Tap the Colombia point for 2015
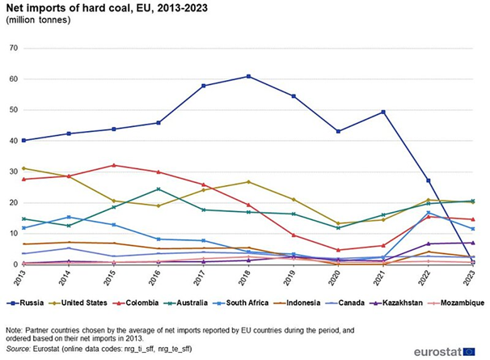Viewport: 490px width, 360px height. tap(113, 165)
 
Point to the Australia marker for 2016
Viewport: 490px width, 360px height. tap(158, 189)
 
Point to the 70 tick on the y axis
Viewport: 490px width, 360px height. tap(11, 49)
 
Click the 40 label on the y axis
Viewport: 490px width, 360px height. tap(11, 141)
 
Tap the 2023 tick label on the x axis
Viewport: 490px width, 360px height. tap(471, 280)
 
